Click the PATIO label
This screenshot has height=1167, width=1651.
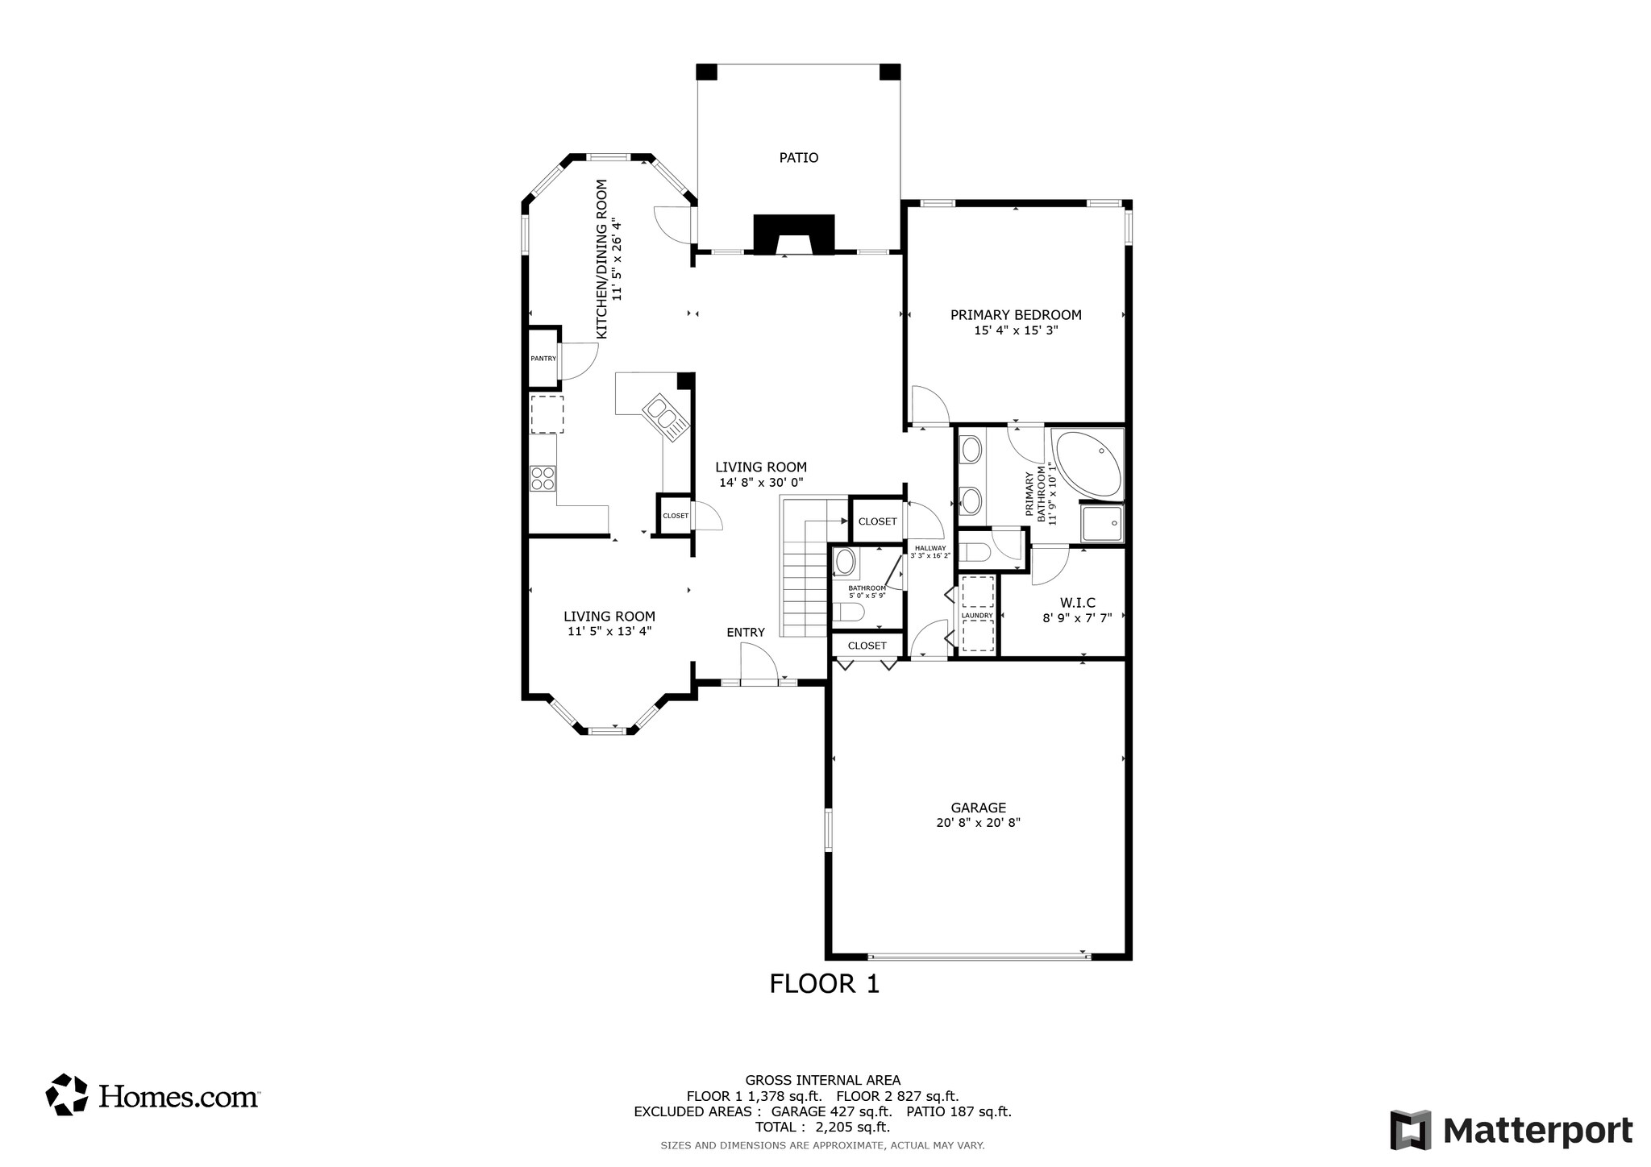point(798,158)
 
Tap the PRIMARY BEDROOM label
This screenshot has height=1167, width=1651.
point(1015,315)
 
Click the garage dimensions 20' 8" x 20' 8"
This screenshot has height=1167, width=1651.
point(978,823)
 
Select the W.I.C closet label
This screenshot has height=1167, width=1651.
point(1077,603)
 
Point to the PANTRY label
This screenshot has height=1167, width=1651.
point(543,359)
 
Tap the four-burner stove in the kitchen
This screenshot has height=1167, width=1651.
point(543,479)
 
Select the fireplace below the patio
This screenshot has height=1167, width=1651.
point(793,235)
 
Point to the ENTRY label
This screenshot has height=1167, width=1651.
point(745,633)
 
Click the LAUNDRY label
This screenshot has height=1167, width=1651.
point(977,616)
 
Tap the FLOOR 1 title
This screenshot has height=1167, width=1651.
point(824,984)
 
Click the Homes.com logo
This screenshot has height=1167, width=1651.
point(152,1095)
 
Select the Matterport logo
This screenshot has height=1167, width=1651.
point(1511,1130)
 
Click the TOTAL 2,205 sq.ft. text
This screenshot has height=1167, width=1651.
point(822,1127)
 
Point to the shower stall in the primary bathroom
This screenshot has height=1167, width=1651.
point(1100,524)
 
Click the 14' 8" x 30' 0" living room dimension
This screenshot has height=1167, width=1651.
point(761,483)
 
